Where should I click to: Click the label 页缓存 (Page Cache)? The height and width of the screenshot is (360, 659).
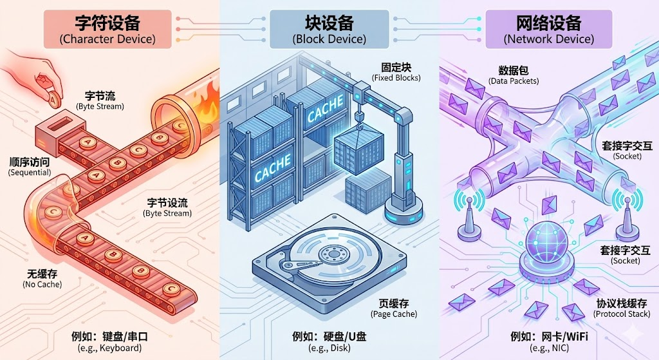[394, 307]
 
